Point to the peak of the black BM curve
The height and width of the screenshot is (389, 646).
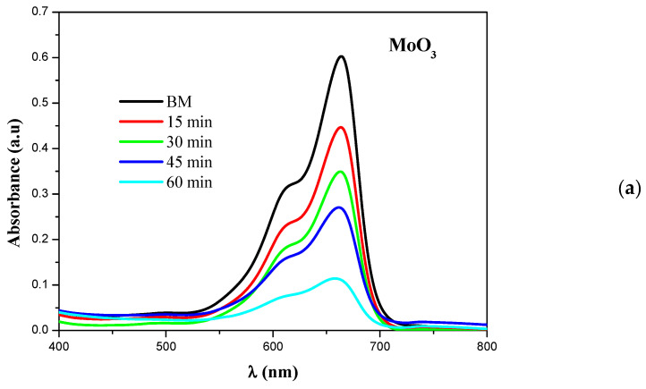341,56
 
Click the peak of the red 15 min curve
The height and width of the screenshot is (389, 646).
341,127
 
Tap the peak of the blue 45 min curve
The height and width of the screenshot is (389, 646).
339,207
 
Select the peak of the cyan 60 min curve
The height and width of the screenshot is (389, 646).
335,278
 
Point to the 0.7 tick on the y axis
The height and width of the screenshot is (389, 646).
40,12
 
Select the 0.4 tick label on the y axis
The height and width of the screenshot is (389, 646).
40,148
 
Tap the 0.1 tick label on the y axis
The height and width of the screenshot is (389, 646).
40,285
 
